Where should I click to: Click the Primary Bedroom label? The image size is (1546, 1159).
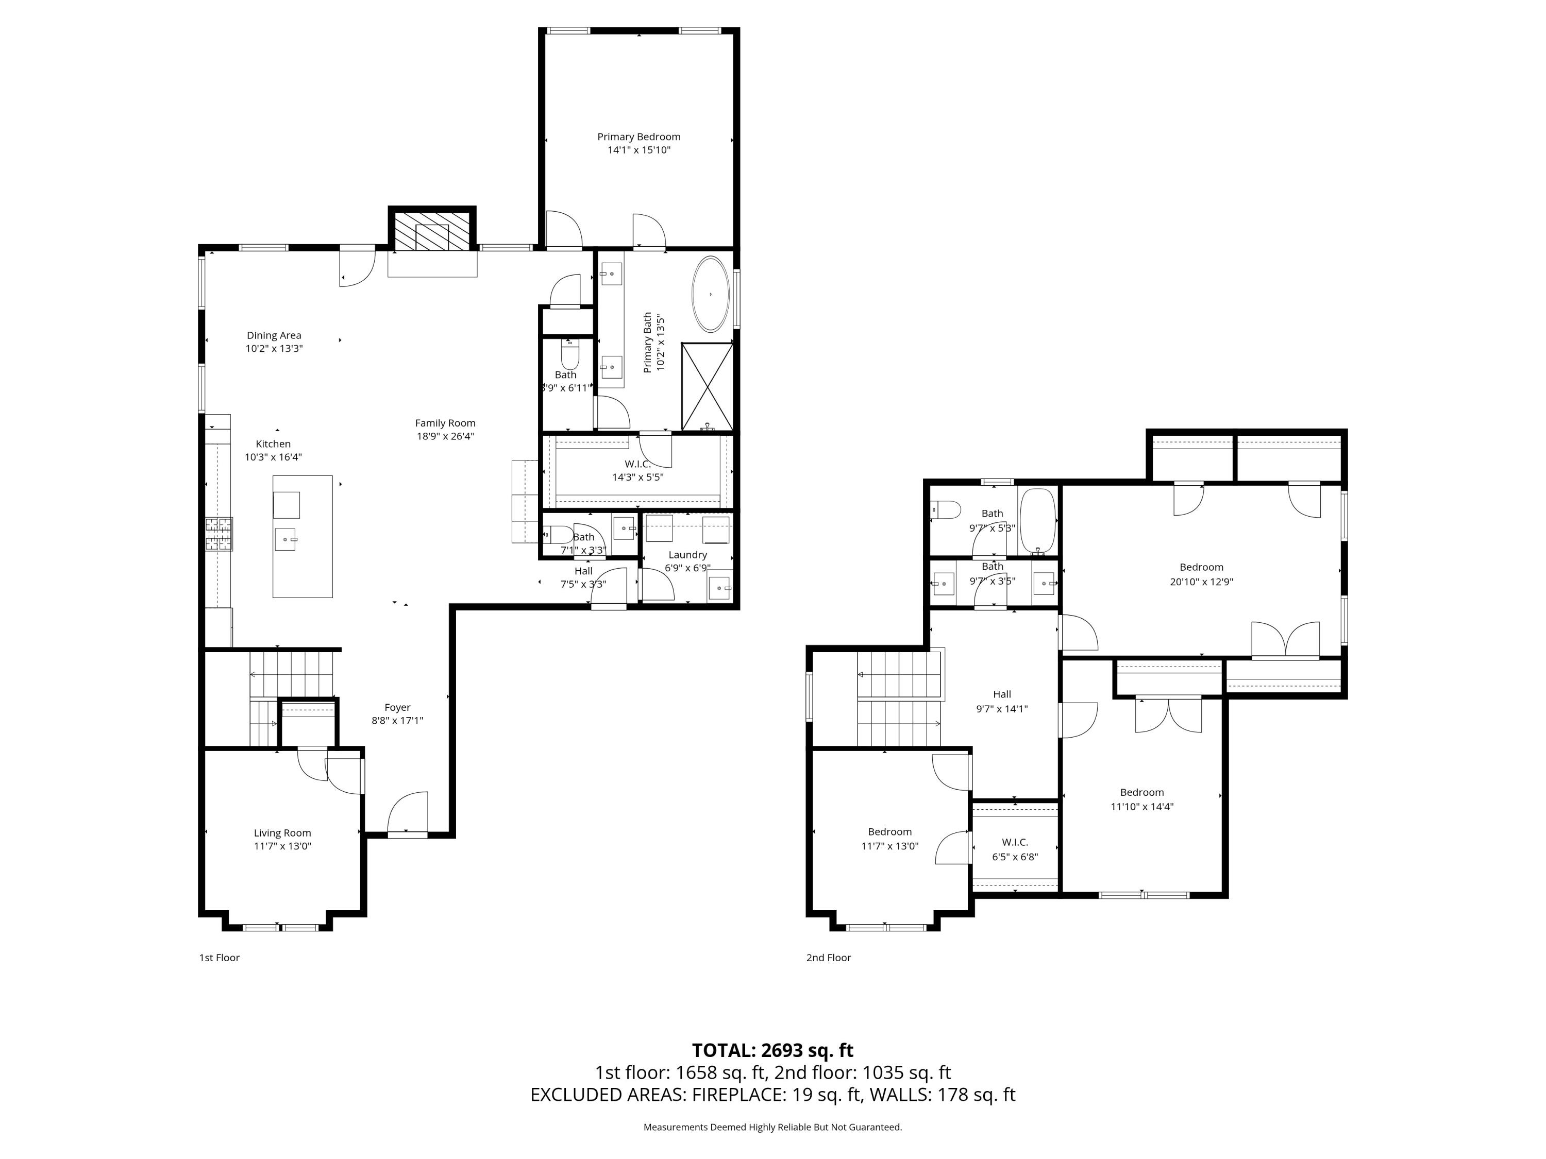click(638, 137)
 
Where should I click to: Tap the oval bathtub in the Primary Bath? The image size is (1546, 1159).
click(710, 294)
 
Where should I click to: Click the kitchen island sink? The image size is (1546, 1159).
click(287, 539)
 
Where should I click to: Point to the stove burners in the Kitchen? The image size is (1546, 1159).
click(219, 535)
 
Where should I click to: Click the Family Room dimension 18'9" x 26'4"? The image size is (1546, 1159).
click(445, 436)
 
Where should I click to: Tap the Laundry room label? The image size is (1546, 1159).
click(687, 555)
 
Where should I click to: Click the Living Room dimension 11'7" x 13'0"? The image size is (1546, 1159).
click(282, 846)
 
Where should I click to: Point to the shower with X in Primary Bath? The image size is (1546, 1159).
click(708, 386)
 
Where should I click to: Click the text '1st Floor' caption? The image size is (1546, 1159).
click(220, 958)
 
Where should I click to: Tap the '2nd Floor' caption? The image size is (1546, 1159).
click(828, 958)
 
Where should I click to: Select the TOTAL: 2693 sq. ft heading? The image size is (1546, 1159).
click(772, 1051)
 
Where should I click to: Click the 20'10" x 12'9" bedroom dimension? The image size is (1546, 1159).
click(1201, 581)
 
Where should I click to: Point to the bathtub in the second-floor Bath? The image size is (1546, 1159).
click(1037, 520)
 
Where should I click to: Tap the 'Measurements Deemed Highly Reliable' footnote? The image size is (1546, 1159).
click(772, 1127)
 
